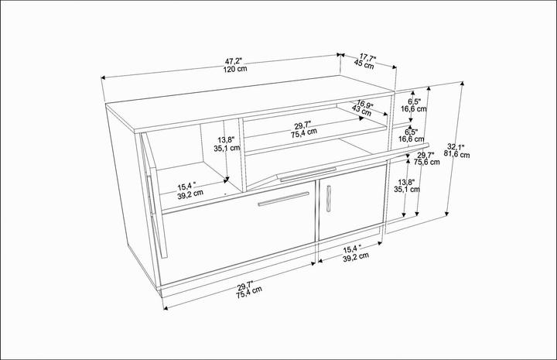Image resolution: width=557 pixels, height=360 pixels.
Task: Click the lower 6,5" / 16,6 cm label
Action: (x=412, y=135)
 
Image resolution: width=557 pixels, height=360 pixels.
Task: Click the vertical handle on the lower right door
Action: (x=330, y=198)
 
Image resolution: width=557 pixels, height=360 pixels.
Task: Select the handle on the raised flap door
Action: (x=308, y=174)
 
